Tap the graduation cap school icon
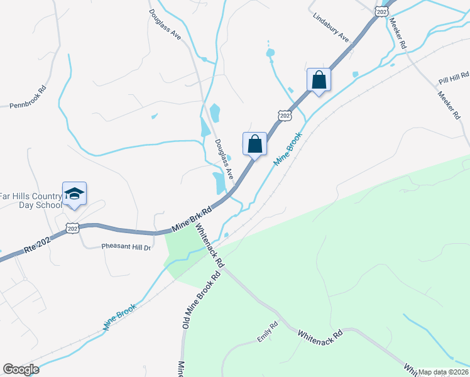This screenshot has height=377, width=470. pos(74,194)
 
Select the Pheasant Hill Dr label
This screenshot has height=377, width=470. pos(126,247)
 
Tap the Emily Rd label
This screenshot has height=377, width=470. pos(266,332)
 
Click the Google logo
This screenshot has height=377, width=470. pos(21,369)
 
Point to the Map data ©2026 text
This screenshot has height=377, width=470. pos(443,372)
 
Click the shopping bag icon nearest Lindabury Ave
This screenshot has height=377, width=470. pos(319,80)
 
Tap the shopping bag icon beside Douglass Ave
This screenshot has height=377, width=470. pos(254,143)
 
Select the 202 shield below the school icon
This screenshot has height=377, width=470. pos(74,227)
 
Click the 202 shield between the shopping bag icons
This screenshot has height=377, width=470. pos(284,115)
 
